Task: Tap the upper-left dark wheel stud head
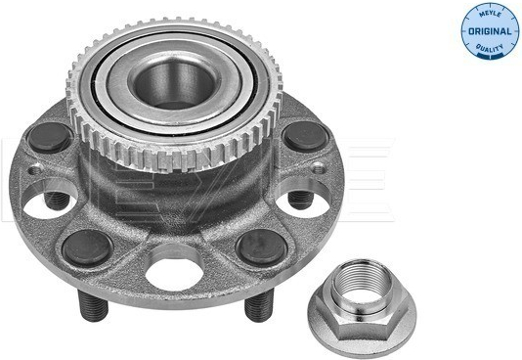coord(49,138)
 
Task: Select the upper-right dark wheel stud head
coord(305,137)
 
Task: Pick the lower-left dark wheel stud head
coord(88,247)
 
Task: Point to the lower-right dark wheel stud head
coord(262,247)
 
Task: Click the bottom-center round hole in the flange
coord(174,273)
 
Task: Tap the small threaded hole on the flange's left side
coord(34,170)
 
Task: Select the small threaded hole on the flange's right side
coord(319,168)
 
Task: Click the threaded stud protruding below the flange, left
coord(93,305)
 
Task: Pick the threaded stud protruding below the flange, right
coord(259,304)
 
